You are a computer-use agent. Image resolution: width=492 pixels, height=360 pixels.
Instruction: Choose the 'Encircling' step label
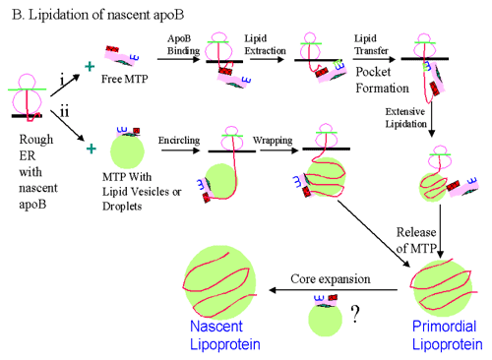coord(181,141)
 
